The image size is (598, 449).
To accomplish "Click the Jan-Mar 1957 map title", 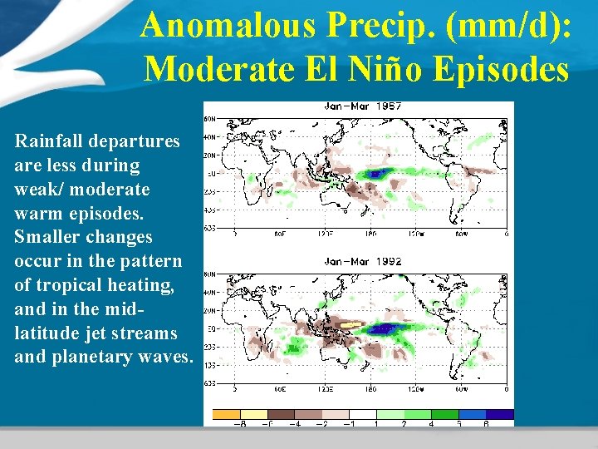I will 362,107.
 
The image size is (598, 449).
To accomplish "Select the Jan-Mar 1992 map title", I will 362,261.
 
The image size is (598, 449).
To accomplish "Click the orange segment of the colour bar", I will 227,413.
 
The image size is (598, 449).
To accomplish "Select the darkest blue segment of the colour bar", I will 500,413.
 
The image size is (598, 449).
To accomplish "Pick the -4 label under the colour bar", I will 295,423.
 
